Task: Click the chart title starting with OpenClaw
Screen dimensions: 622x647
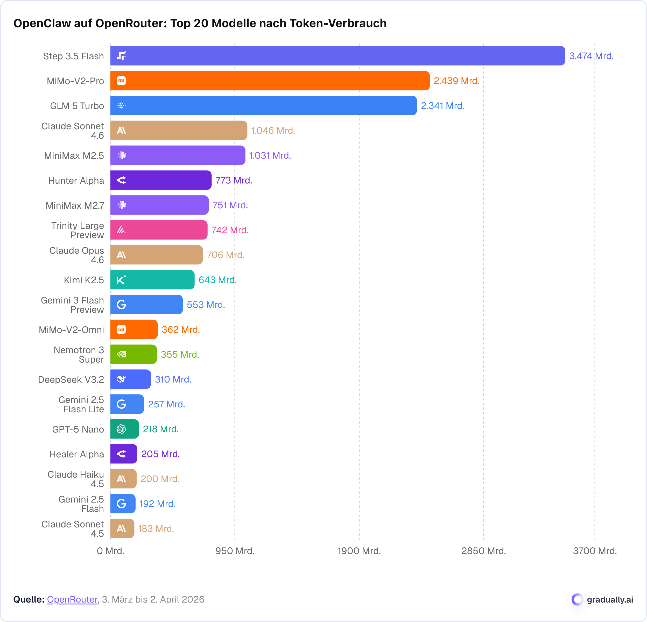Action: (x=200, y=23)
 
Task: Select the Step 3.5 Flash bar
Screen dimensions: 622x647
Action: (x=337, y=56)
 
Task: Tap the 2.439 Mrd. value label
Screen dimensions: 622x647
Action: (x=456, y=81)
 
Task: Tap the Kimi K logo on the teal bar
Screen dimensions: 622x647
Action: (x=121, y=280)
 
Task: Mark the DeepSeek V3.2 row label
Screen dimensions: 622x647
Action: (x=71, y=379)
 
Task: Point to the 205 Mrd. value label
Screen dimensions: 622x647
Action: (x=160, y=454)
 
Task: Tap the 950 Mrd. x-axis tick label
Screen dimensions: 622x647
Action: (x=235, y=551)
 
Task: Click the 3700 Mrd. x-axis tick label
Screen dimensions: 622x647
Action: (x=595, y=551)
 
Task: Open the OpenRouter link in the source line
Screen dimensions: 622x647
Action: (x=72, y=599)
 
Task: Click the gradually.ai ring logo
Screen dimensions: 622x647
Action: (x=577, y=599)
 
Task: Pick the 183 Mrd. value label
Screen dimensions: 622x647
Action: (x=156, y=529)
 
